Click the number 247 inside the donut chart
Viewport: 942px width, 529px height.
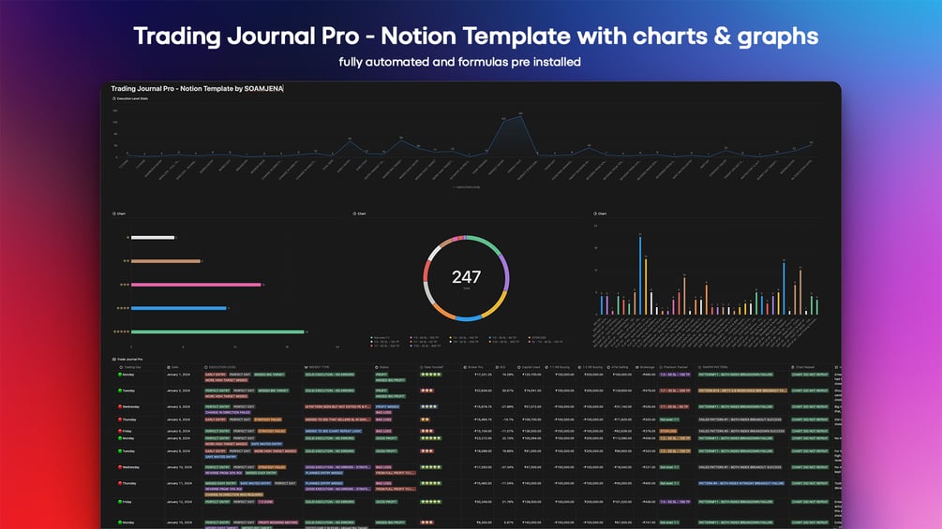click(466, 277)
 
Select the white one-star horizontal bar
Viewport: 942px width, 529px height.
click(153, 238)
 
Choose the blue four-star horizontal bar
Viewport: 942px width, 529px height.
click(179, 308)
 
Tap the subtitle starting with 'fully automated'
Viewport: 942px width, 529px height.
click(460, 63)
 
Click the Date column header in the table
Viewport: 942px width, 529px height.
click(174, 367)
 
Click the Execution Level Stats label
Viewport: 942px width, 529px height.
click(131, 97)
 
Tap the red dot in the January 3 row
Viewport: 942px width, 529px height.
click(119, 406)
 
